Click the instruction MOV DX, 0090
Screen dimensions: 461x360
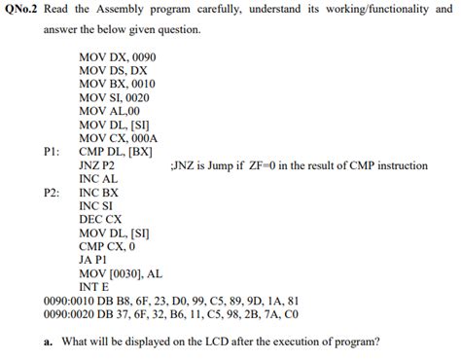(x=117, y=57)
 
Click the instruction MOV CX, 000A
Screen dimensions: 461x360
(x=118, y=139)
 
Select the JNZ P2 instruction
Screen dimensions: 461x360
(x=96, y=166)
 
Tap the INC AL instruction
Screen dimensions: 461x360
(x=98, y=179)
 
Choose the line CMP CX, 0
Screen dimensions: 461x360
(x=107, y=247)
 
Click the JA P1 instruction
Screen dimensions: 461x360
(x=94, y=261)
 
